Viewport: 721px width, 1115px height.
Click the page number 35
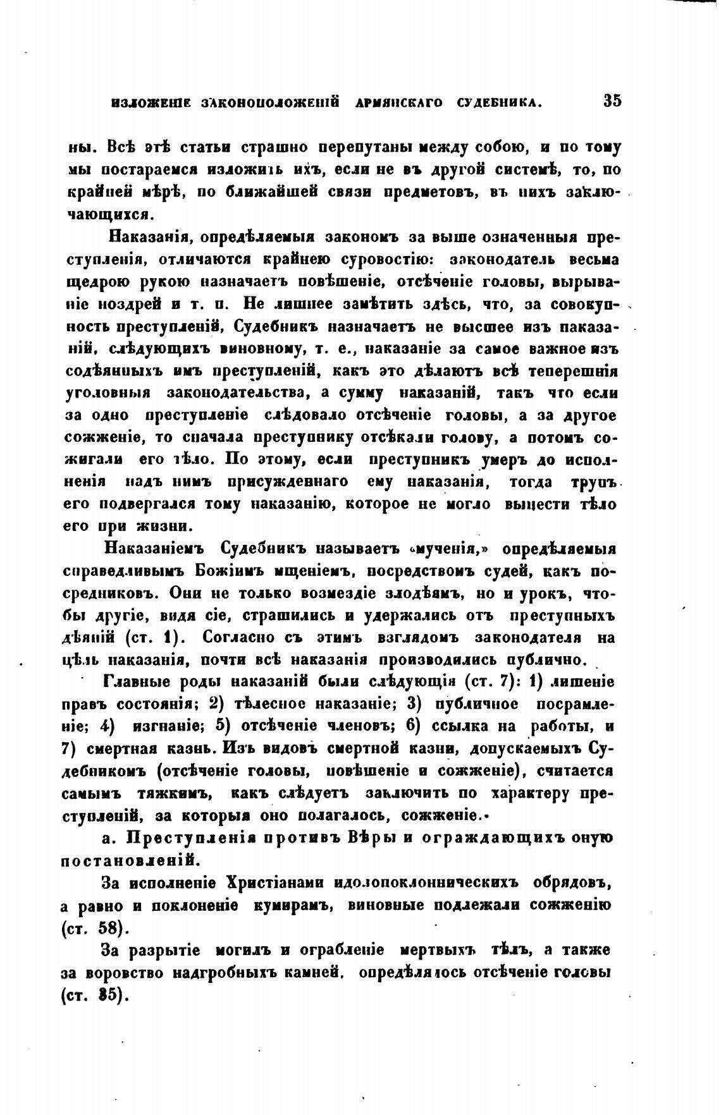612,101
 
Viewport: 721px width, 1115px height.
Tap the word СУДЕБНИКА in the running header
501,102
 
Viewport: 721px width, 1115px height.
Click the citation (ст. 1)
158,638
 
